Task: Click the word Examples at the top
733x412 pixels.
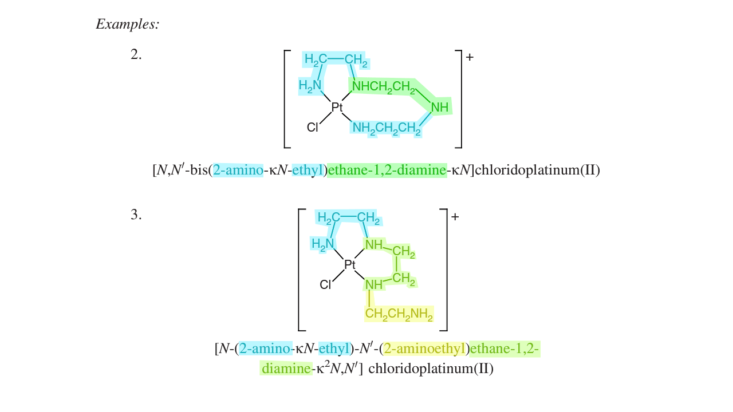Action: point(127,25)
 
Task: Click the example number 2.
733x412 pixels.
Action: point(136,55)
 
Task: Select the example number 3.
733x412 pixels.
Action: point(136,215)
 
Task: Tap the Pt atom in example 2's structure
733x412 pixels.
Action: point(337,106)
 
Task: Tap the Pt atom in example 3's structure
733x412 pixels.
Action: point(350,264)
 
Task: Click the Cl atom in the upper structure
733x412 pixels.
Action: point(312,128)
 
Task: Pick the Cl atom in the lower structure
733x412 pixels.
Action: point(325,284)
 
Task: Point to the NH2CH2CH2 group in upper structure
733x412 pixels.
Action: point(387,129)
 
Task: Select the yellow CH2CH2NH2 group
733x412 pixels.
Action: point(399,314)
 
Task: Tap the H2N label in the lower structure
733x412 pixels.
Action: point(322,244)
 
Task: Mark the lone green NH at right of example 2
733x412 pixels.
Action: point(440,107)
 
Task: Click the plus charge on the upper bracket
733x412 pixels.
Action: point(470,57)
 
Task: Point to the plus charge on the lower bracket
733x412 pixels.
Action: point(455,217)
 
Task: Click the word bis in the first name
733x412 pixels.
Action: point(198,171)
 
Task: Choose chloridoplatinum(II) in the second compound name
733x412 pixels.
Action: point(431,369)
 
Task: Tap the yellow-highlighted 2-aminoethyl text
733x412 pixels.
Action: point(425,348)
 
